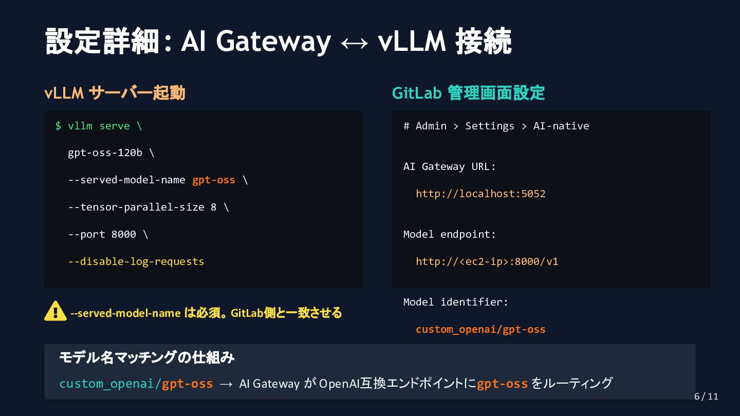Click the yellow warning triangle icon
(55, 311)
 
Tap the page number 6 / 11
(706, 396)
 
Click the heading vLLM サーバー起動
(115, 93)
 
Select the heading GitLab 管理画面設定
(468, 93)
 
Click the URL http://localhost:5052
(480, 194)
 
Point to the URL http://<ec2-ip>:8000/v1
(487, 261)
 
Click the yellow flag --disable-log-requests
(136, 261)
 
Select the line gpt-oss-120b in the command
(110, 153)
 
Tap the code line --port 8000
(108, 234)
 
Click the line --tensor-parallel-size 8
(148, 207)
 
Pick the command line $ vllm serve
(99, 126)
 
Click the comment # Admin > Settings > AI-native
(496, 126)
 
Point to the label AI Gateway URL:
(450, 166)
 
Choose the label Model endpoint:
(450, 234)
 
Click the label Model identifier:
(456, 302)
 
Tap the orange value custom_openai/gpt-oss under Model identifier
(480, 329)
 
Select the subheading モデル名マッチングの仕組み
(147, 357)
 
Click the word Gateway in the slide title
(273, 41)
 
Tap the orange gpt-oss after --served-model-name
(214, 180)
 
